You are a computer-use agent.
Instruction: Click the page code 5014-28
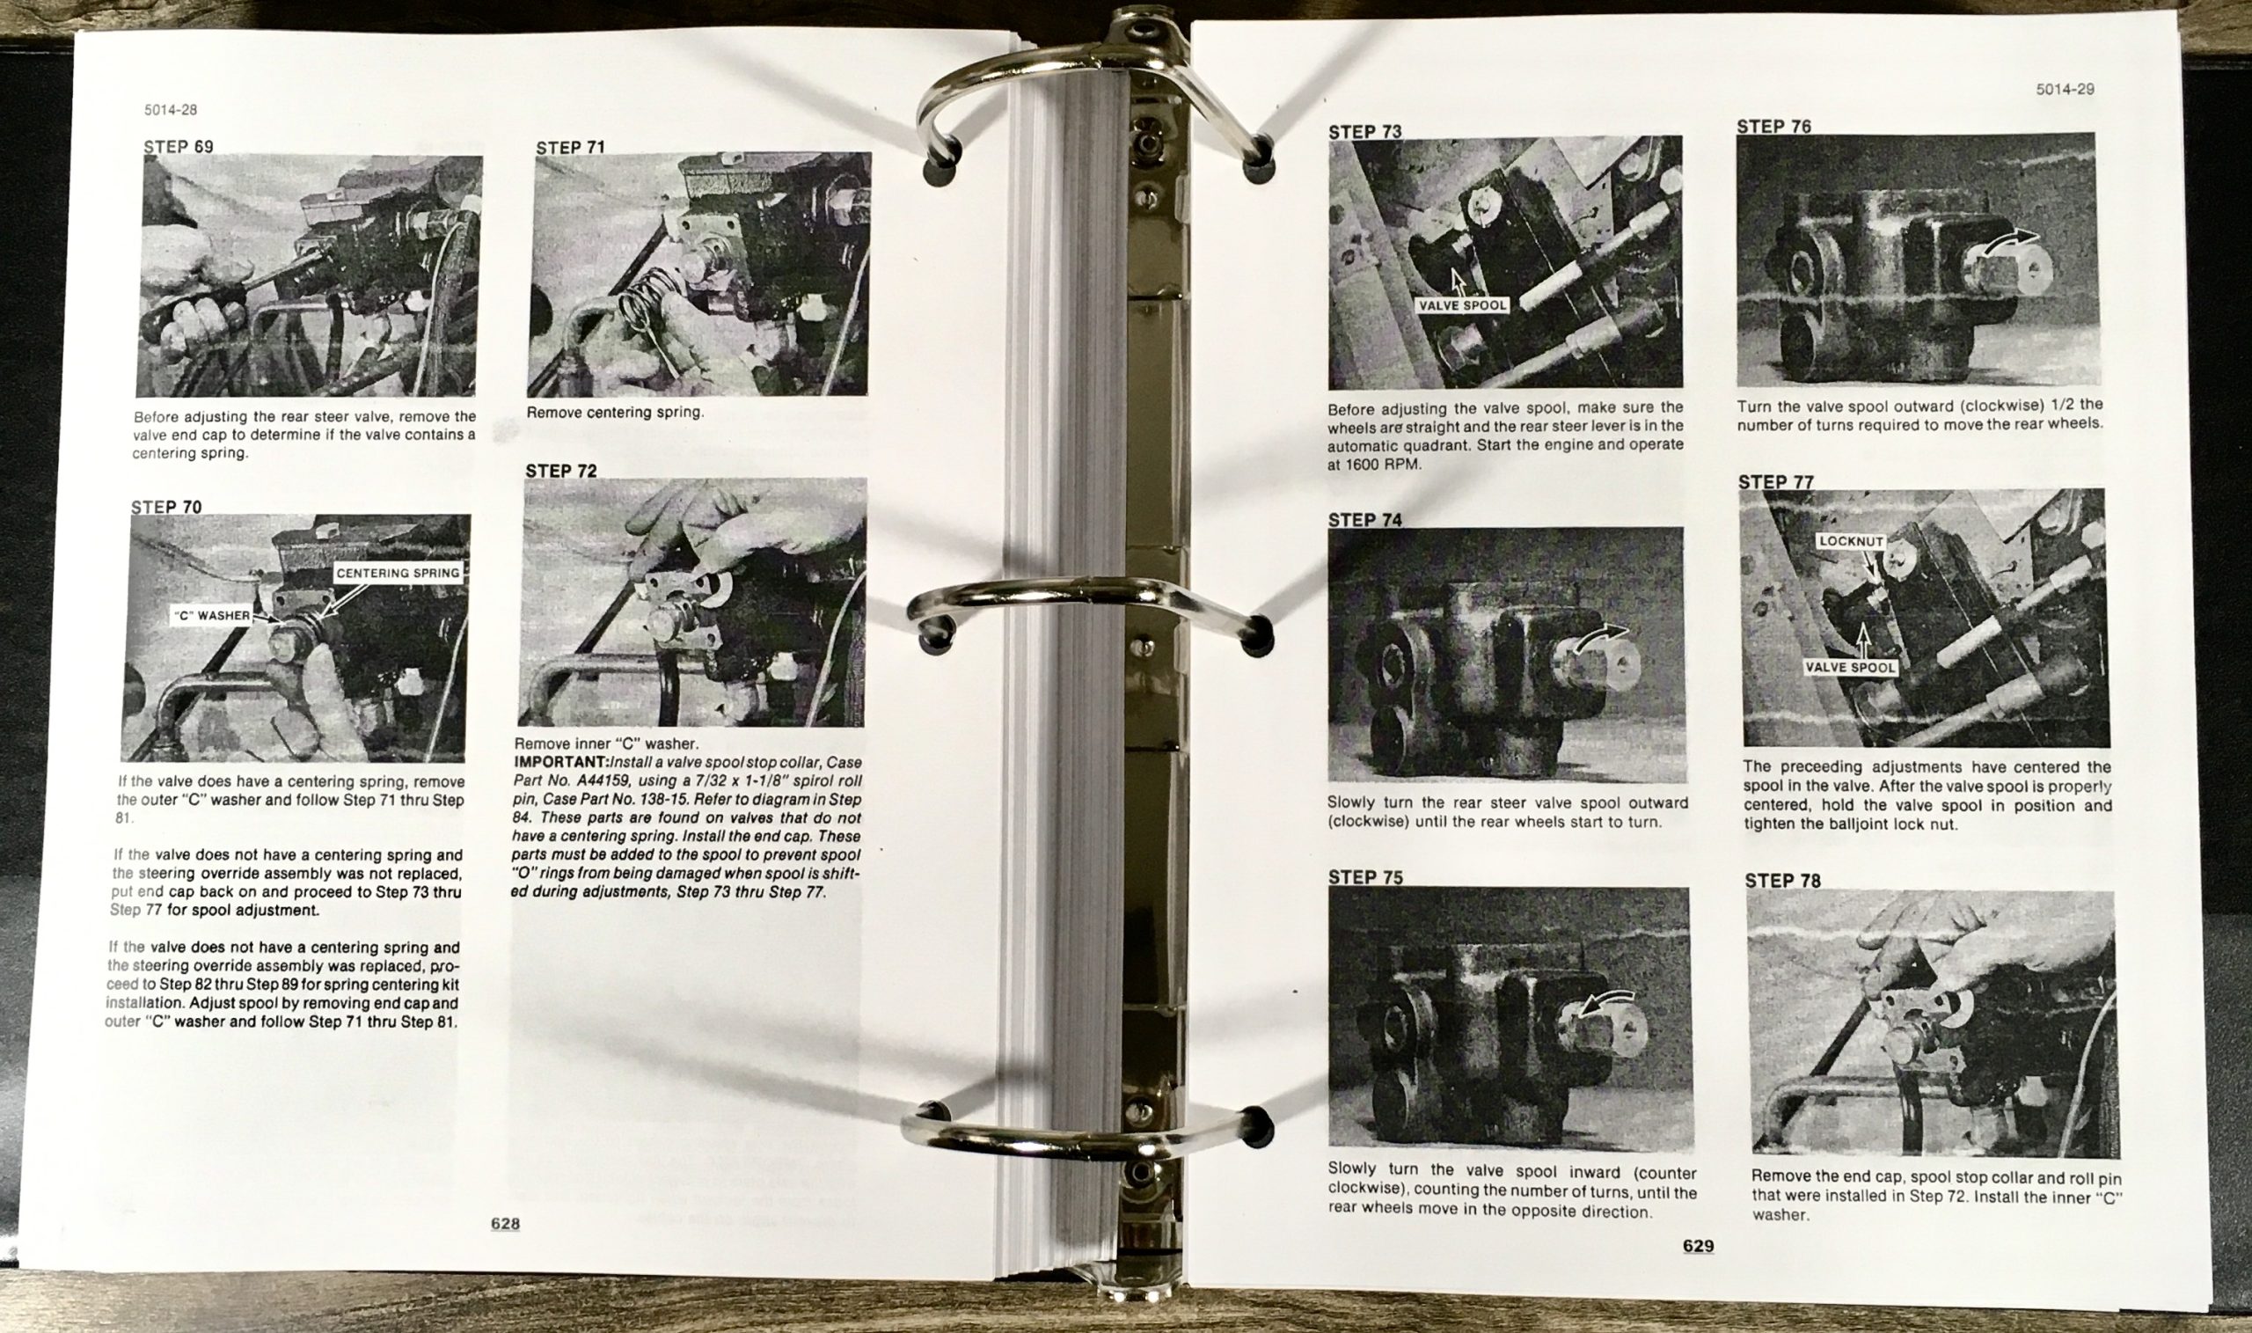point(171,110)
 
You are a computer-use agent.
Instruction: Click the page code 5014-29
point(2066,89)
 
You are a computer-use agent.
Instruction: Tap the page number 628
point(506,1223)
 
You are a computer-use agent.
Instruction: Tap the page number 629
point(1698,1246)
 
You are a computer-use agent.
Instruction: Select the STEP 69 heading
point(179,146)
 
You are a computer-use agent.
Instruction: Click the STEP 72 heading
point(561,471)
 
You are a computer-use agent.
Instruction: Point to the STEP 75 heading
point(1365,876)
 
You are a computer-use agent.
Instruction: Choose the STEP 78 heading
point(1782,880)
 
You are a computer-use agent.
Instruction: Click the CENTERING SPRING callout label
point(398,573)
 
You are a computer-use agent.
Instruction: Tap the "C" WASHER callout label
point(212,615)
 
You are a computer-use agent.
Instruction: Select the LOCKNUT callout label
point(1851,542)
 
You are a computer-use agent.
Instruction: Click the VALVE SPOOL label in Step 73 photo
point(1462,305)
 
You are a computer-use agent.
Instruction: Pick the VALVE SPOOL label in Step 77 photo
point(1850,668)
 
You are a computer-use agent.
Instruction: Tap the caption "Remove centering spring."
point(615,413)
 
